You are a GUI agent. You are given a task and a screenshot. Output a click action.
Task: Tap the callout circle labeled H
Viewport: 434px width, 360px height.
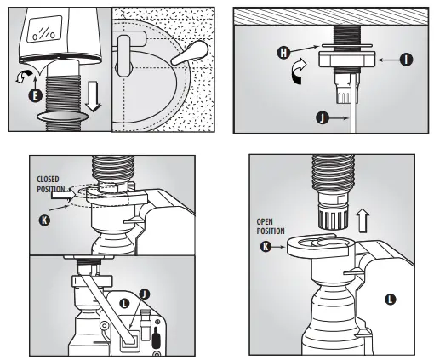(283, 52)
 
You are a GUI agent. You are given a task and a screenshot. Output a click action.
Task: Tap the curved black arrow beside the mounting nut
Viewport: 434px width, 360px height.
(300, 73)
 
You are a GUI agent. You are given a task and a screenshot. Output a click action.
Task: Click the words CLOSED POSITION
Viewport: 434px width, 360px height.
(53, 184)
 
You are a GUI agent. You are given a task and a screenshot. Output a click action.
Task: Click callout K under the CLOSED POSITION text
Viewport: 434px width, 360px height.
(43, 220)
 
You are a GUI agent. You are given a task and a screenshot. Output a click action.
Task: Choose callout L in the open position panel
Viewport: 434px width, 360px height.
(390, 299)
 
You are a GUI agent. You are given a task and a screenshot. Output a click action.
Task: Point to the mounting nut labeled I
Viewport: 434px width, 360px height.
(348, 60)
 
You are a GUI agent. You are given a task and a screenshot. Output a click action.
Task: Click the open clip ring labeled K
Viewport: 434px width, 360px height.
(319, 246)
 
